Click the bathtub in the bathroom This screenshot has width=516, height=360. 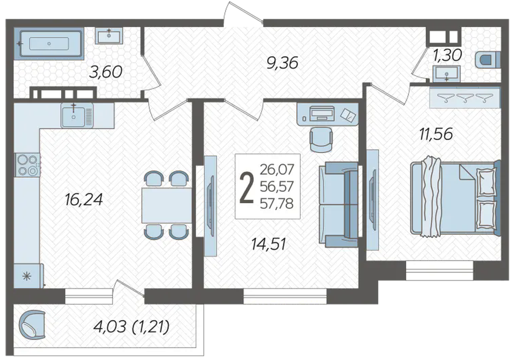click(x=49, y=43)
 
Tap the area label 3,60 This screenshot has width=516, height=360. click(x=105, y=72)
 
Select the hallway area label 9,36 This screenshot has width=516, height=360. click(x=282, y=63)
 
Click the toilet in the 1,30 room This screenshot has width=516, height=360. click(x=488, y=60)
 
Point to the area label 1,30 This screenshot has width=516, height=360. click(x=447, y=55)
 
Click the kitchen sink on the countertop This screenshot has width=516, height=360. click(x=77, y=115)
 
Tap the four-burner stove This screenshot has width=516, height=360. click(x=27, y=165)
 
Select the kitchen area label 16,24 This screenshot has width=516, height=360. click(x=84, y=199)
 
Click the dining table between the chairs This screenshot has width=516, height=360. click(x=167, y=205)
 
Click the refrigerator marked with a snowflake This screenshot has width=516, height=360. click(x=28, y=276)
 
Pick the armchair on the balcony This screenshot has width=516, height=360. click(x=32, y=325)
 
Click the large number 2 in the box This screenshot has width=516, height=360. click(x=247, y=188)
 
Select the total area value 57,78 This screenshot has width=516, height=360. click(x=276, y=204)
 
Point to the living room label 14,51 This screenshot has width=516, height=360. click(x=268, y=244)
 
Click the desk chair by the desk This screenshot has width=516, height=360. click(x=321, y=139)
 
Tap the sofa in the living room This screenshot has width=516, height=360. click(x=339, y=204)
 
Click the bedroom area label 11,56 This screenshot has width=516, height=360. click(x=436, y=134)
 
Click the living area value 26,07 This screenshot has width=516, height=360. click(x=276, y=170)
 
